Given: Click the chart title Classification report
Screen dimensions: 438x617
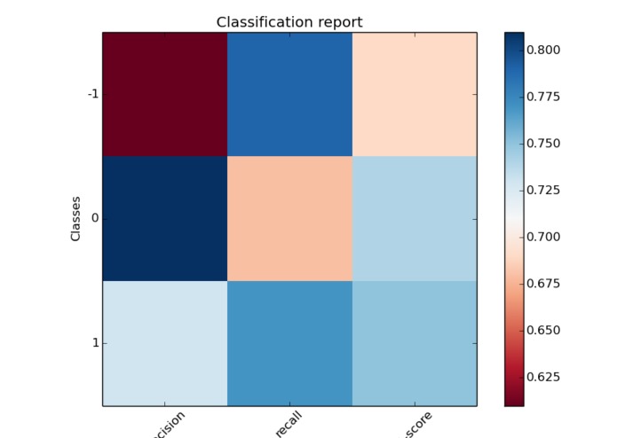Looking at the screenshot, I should [289, 22].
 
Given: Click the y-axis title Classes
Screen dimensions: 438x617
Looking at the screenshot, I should [76, 219].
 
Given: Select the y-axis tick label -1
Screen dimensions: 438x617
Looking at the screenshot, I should [92, 94].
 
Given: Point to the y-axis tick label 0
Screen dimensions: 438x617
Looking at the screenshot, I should [93, 219].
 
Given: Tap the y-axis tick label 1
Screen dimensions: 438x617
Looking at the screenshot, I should [94, 343].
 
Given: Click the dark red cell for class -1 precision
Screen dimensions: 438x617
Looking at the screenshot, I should [164, 94].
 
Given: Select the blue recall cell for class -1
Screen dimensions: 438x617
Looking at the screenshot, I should [289, 94].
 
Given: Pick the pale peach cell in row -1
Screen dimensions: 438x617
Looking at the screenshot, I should [415, 94].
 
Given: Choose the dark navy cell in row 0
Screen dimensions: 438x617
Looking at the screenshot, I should [164, 219].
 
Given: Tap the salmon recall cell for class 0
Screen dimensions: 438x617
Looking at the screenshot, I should [289, 219].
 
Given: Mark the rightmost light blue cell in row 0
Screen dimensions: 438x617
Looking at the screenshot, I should [415, 219].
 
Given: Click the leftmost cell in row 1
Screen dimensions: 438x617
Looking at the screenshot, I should [164, 343].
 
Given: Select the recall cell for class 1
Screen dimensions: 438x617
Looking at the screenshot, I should [289, 343].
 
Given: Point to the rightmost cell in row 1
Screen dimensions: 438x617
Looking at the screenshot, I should [415, 343].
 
